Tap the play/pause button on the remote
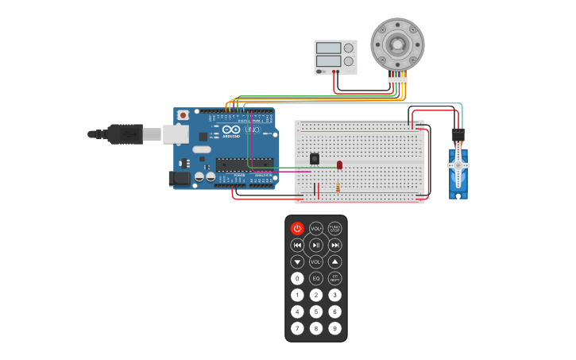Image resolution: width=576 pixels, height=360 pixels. pos(316,246)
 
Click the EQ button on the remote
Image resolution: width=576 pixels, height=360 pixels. pos(316,279)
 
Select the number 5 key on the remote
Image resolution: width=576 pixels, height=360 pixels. pos(316,312)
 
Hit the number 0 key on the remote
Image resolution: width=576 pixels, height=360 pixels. pos(297,279)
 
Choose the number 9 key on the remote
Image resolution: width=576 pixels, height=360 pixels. pos(335,328)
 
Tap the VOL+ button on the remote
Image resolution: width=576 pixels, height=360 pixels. pos(316,229)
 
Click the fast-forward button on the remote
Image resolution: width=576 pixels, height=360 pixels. pos(335,246)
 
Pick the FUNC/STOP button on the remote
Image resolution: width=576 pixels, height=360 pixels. pos(335,229)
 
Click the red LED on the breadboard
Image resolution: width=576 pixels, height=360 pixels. pos(340,165)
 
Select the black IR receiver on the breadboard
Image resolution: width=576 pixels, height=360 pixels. pos(315,159)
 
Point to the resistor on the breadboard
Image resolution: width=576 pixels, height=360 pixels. pos(338,188)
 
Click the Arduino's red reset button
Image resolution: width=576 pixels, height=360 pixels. pos(184,115)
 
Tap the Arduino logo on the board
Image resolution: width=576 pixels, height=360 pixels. pos(231,130)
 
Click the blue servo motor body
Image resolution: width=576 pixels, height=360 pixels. pos(458,171)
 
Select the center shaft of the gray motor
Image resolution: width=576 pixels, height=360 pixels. pos(397,43)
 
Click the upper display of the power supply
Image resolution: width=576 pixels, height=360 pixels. pos(328,48)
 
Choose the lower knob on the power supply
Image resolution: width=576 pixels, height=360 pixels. pos(348,61)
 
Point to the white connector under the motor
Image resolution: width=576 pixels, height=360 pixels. pos(397,79)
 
